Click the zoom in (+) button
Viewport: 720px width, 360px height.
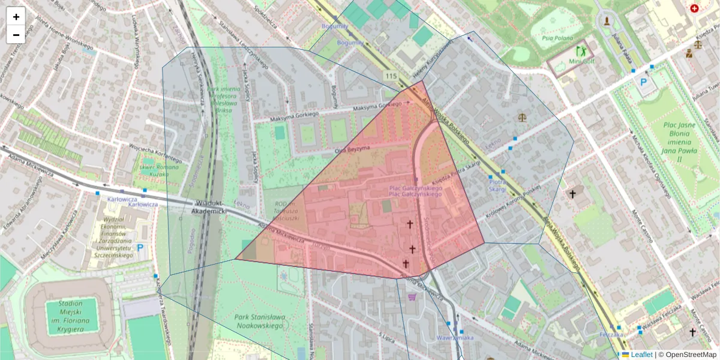click(x=16, y=17)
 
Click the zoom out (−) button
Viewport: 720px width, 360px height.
click(x=16, y=35)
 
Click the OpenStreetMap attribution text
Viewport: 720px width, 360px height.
click(x=690, y=355)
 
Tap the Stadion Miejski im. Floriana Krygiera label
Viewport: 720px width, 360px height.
click(x=71, y=311)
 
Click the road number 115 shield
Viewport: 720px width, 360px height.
click(x=392, y=76)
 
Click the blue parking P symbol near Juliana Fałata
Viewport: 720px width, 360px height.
click(x=645, y=82)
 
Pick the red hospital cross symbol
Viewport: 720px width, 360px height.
click(x=694, y=8)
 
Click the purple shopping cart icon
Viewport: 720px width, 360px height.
click(x=412, y=296)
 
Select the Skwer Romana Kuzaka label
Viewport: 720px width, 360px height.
click(x=158, y=170)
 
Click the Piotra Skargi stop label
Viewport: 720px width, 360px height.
click(x=497, y=185)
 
